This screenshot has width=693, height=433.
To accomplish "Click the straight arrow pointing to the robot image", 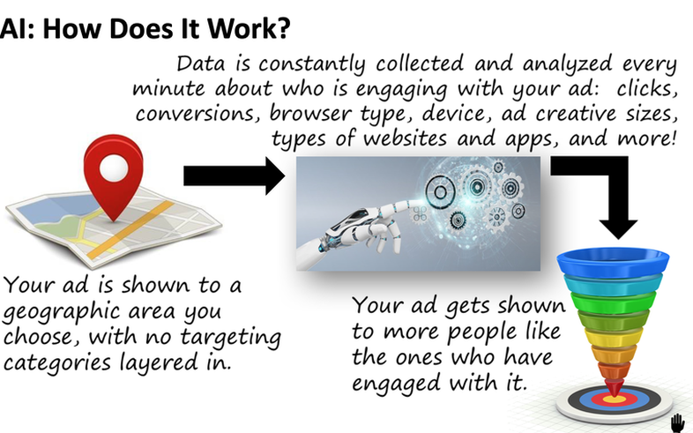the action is coord(235,175).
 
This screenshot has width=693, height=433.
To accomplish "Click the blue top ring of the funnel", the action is coord(613,262).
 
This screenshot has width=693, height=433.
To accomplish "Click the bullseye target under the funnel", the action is coord(615,401).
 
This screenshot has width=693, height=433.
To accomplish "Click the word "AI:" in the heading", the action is coord(17,28).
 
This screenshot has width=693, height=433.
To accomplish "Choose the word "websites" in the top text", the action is coord(406,138).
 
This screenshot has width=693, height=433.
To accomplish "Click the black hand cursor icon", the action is coord(677,423).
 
